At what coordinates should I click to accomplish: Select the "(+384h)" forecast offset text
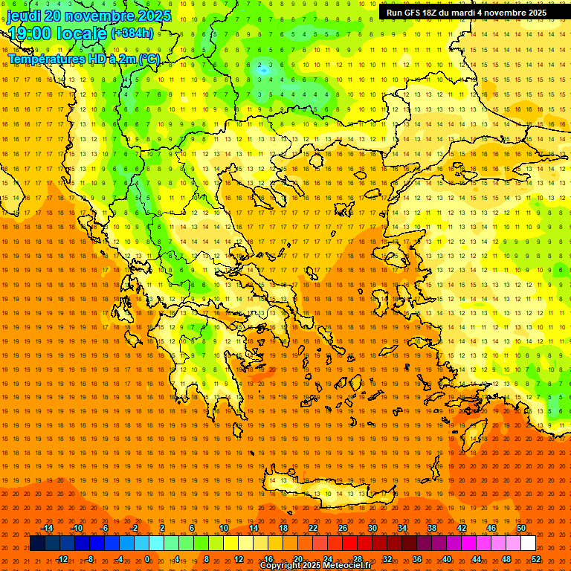tap(132, 33)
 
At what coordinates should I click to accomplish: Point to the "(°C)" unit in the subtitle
tap(149, 59)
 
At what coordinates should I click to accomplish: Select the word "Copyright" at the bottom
tap(283, 566)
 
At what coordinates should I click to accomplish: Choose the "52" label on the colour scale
tap(536, 559)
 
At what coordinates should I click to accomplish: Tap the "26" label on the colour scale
tap(343, 528)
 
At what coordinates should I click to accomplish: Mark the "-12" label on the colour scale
tap(62, 559)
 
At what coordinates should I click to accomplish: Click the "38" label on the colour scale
tap(432, 528)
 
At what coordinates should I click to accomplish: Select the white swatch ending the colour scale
tap(528, 543)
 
